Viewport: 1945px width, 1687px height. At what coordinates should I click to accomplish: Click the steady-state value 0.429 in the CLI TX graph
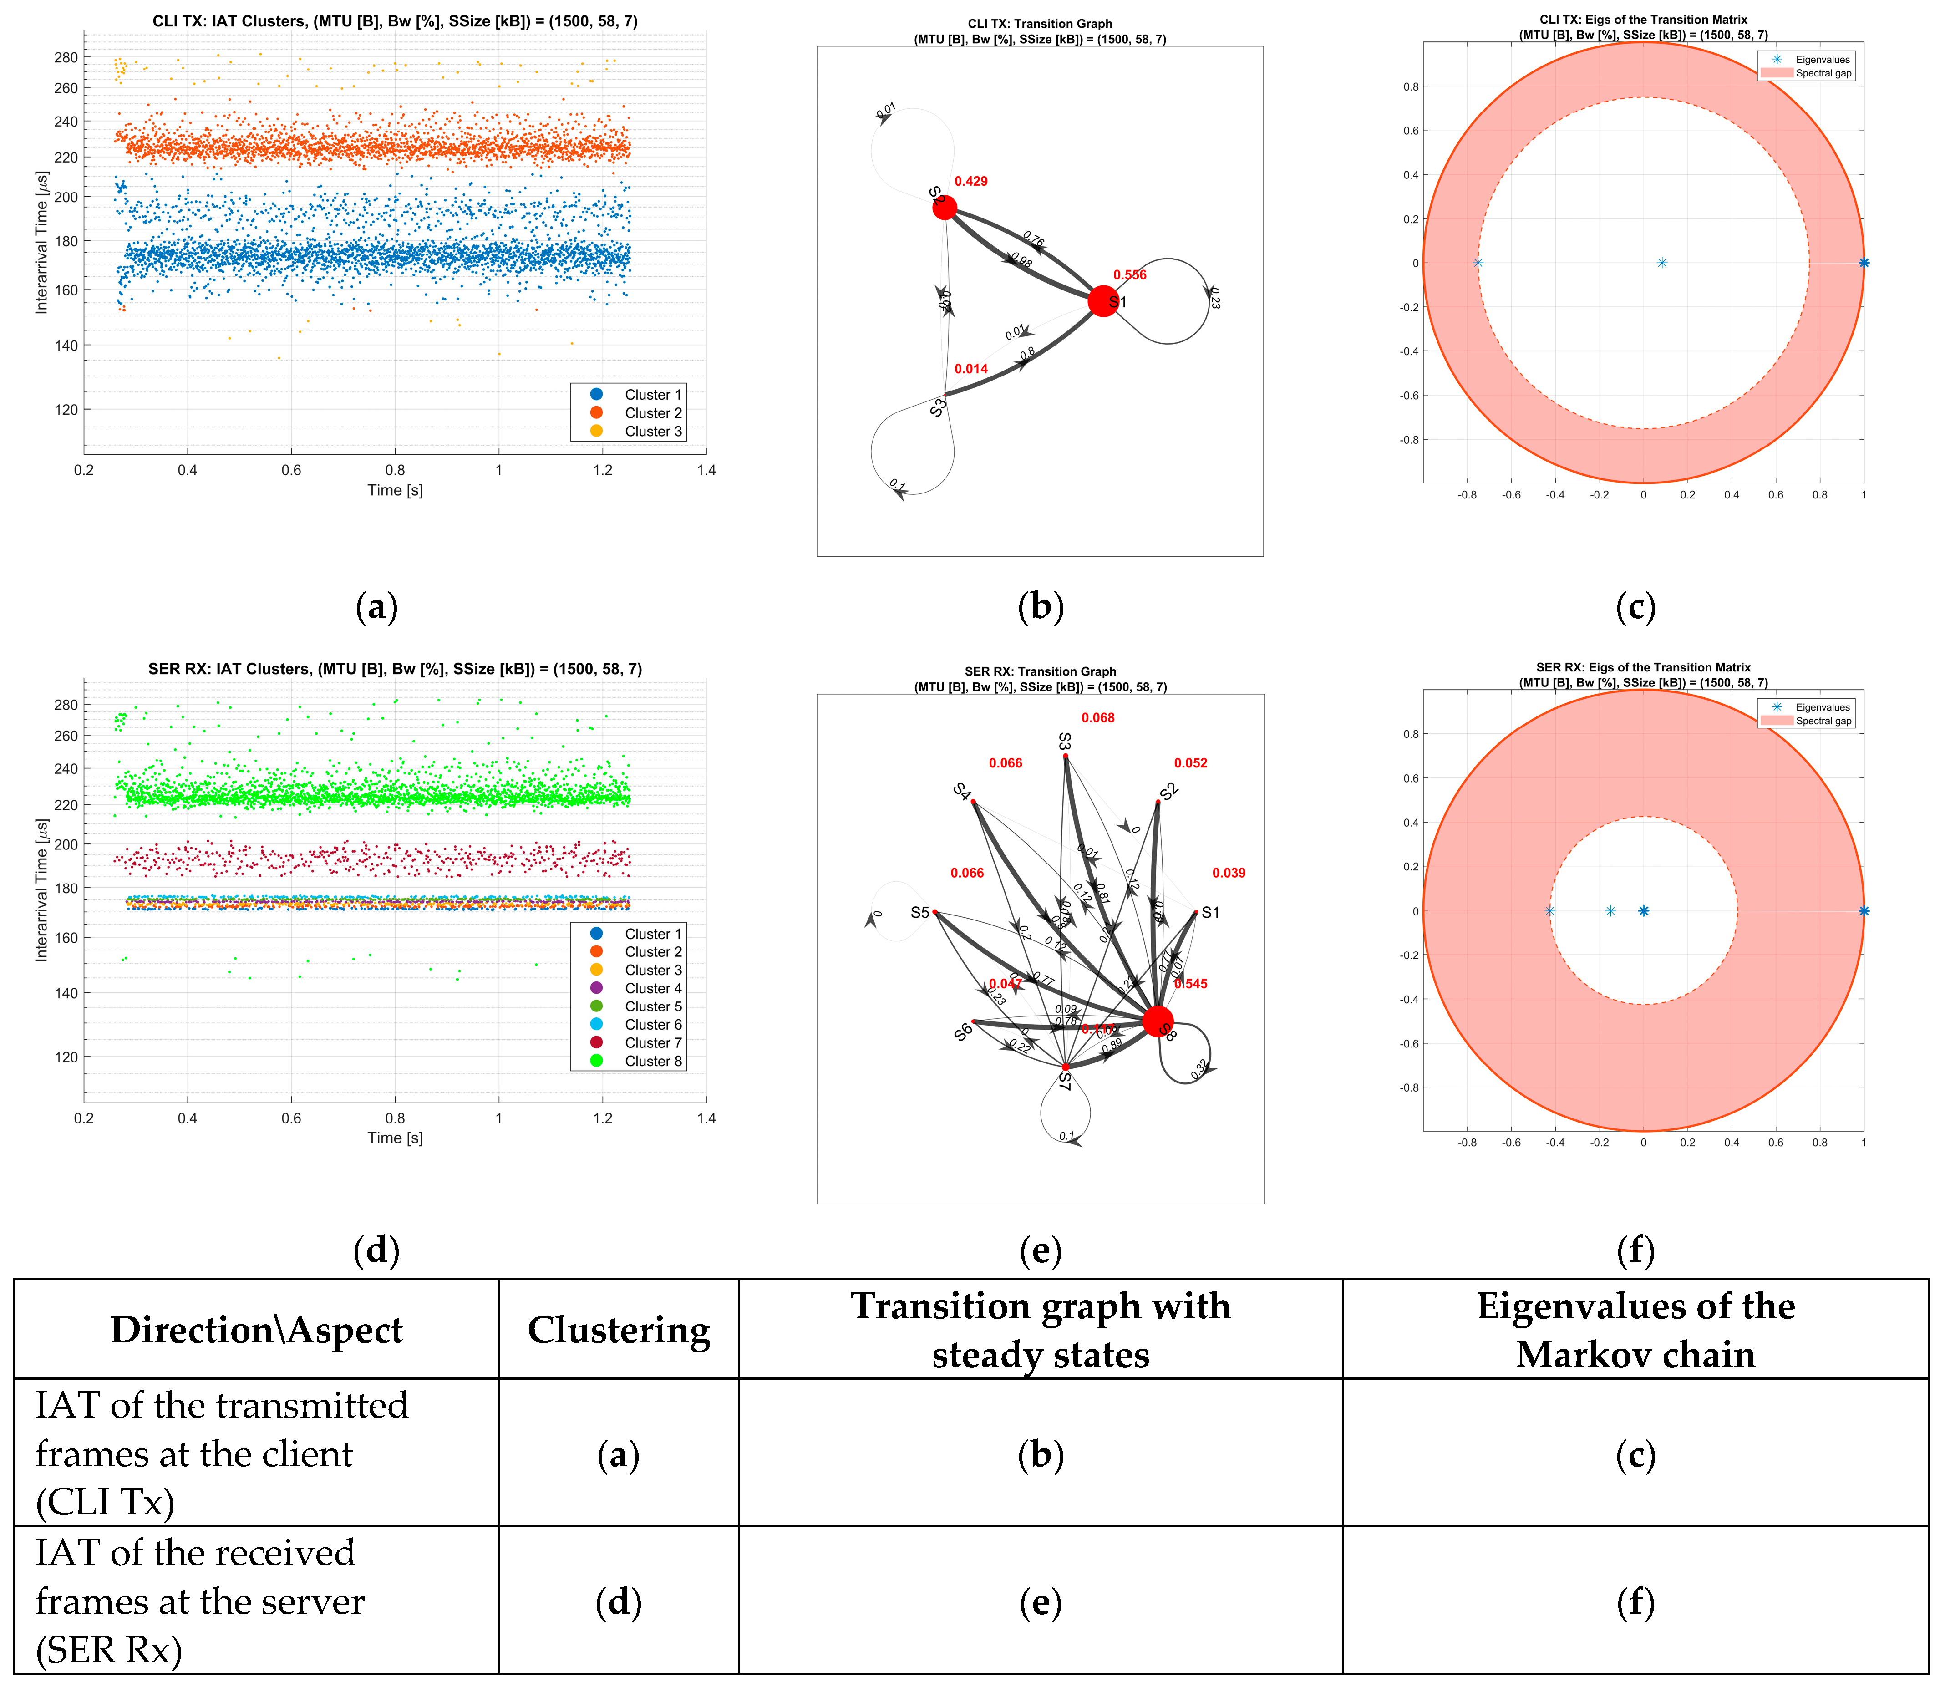[970, 182]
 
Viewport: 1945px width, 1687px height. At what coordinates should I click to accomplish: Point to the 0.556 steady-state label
[1130, 275]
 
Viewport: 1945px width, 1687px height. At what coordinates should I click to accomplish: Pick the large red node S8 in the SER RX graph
[1157, 1021]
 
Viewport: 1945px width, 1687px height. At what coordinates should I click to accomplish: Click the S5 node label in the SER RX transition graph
[920, 912]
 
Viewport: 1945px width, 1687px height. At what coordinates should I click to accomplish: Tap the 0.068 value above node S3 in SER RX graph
[1098, 718]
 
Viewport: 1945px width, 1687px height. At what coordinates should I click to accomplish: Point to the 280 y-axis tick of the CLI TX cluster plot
[66, 57]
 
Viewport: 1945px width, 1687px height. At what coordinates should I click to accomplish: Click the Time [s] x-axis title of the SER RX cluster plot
[395, 1138]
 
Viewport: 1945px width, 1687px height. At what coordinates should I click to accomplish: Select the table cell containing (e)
[1040, 1603]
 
